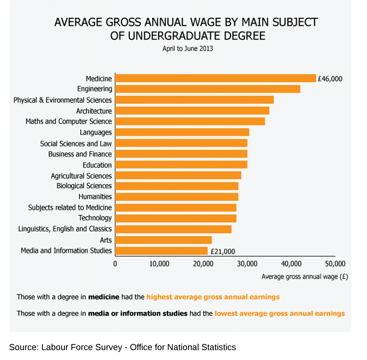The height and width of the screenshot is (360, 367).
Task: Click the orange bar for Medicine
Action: pos(216,78)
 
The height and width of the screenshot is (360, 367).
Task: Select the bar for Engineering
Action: pos(208,89)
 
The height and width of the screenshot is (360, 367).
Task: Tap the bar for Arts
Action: pos(163,240)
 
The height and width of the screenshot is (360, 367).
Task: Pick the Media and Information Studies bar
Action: pos(161,251)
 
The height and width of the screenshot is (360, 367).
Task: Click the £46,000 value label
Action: pos(330,79)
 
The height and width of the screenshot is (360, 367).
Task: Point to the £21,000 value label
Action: pos(223,251)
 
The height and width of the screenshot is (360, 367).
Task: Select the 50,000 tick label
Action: pos(335,264)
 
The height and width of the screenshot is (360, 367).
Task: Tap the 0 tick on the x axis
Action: pos(115,264)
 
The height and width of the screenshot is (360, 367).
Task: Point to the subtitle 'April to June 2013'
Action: pos(188,49)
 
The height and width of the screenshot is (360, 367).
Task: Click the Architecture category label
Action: pos(94,111)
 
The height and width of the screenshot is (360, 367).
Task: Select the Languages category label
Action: pos(96,132)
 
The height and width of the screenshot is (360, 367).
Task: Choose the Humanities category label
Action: pos(95,197)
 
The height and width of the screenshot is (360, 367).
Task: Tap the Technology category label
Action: pos(95,218)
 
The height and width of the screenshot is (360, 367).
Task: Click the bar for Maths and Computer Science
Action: pos(190,121)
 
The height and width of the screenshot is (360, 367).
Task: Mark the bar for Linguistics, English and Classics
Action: pos(173,229)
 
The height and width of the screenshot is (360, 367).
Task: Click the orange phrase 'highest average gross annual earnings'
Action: pos(213,297)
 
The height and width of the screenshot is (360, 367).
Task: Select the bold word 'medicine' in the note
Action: pos(103,297)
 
